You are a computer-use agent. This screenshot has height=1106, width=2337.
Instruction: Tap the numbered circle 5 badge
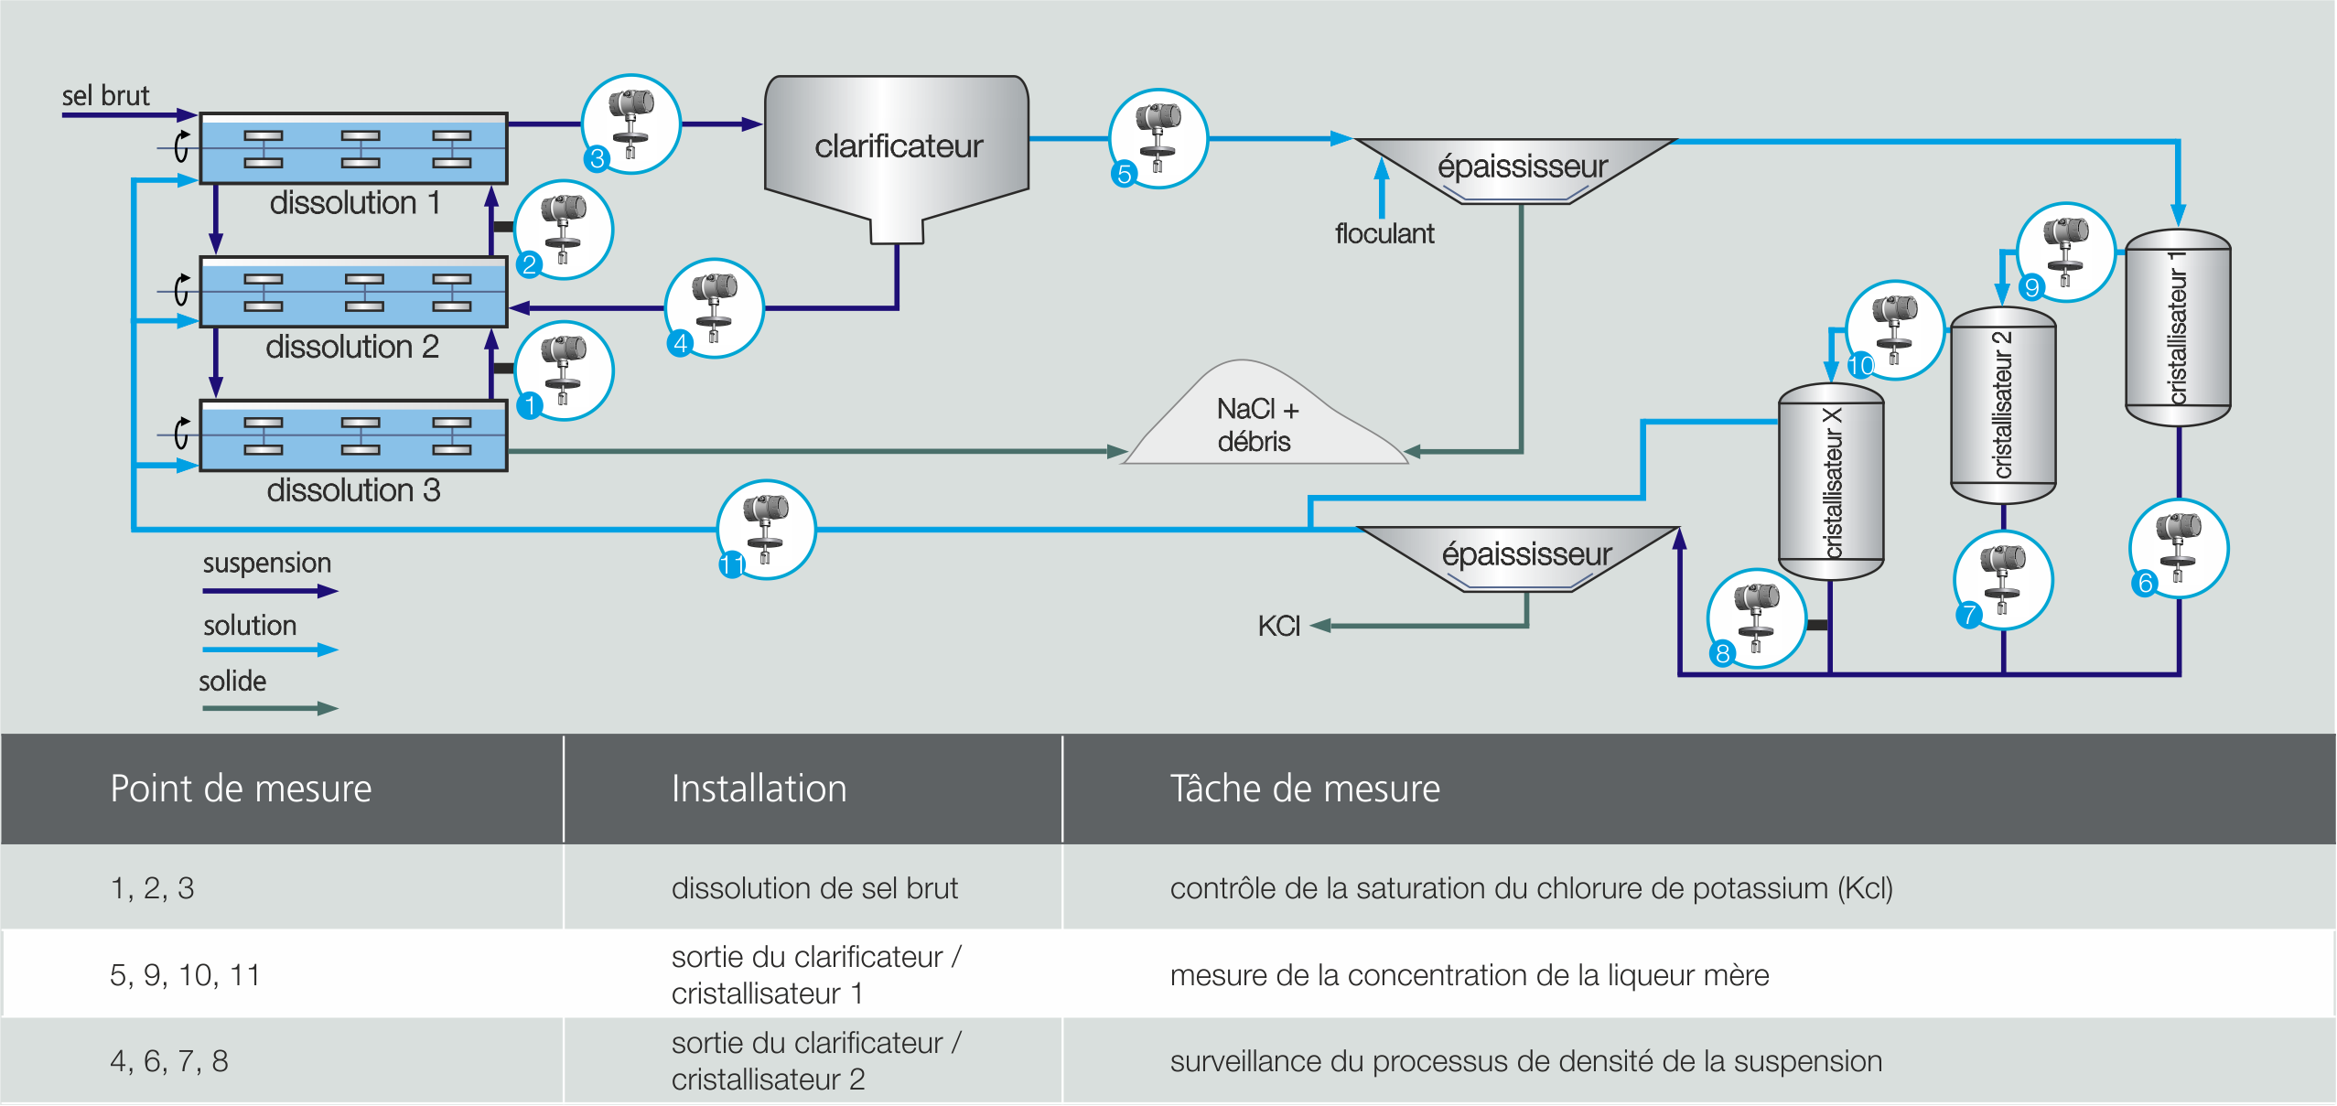(x=1125, y=173)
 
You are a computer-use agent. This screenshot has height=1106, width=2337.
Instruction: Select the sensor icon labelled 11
(x=766, y=529)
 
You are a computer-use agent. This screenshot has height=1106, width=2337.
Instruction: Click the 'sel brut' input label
(x=105, y=95)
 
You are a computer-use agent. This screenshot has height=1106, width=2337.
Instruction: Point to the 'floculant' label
(x=1384, y=234)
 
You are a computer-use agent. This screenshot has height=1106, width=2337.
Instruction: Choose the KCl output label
(x=1278, y=626)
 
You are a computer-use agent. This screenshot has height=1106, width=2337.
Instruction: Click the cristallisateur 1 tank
(x=2177, y=328)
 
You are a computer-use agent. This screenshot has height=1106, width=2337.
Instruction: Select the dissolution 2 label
(x=352, y=347)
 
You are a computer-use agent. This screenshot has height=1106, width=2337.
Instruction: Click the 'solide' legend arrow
(x=270, y=707)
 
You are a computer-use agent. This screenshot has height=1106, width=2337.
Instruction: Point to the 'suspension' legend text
(x=267, y=563)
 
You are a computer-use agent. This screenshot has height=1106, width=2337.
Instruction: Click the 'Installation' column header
(x=759, y=789)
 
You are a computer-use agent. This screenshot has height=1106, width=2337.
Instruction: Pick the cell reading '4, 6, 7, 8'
(x=169, y=1060)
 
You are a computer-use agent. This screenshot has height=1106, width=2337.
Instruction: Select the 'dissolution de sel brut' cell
(x=814, y=887)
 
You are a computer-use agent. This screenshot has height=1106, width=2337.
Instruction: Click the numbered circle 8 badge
(x=1722, y=653)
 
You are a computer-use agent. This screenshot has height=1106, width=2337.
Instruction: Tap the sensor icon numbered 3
(x=631, y=123)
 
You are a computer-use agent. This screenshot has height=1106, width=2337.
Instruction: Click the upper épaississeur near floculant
(x=1519, y=168)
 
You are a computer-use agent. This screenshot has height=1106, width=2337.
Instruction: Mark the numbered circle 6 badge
(x=2144, y=583)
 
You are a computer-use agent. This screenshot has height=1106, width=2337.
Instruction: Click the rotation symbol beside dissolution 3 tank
(x=182, y=433)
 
